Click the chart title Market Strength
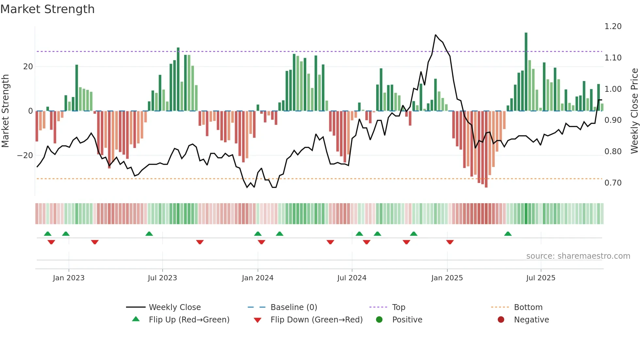point(47,9)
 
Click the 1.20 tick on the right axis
point(613,26)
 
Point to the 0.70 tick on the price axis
point(613,183)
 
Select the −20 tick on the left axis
point(25,155)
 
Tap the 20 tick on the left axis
point(28,67)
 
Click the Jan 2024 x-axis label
point(257,278)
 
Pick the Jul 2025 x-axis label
point(540,278)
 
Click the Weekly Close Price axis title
point(634,111)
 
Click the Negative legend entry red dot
point(501,320)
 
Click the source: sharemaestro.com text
point(578,256)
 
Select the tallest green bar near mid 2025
point(526,72)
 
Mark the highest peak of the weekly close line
point(436,35)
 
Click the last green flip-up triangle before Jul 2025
point(508,234)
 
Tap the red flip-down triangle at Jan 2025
point(450,242)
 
